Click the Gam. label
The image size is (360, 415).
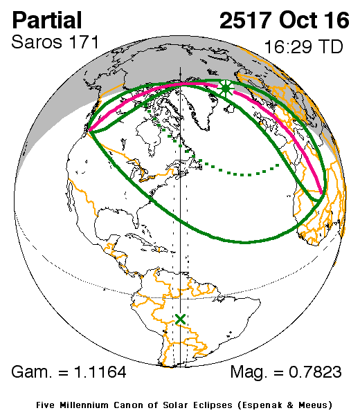point(32,372)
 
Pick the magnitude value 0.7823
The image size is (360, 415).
point(313,372)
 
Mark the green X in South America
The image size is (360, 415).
point(181,319)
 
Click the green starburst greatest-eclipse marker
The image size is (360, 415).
point(225,89)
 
